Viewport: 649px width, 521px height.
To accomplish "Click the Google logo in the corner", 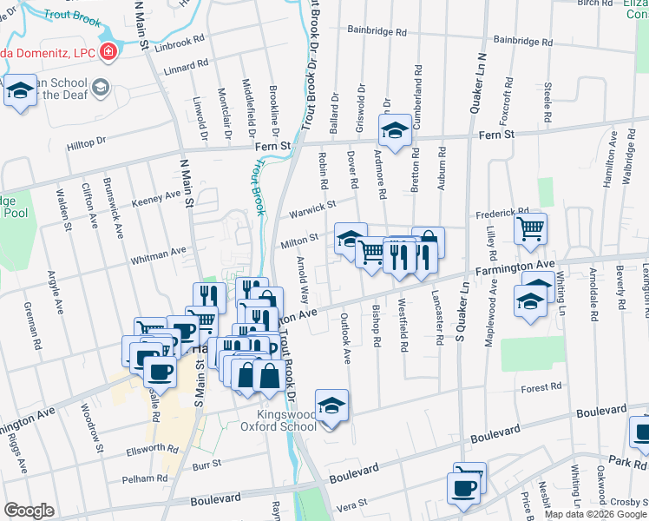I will [29, 511].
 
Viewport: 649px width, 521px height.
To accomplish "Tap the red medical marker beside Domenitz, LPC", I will [108, 52].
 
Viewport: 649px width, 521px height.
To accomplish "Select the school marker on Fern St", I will [395, 132].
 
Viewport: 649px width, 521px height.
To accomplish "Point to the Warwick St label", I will [312, 209].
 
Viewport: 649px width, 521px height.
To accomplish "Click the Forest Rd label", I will [544, 388].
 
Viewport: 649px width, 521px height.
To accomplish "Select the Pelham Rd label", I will [144, 478].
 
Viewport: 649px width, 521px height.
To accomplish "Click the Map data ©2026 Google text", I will [595, 514].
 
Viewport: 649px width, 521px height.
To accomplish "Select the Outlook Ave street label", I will [344, 339].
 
